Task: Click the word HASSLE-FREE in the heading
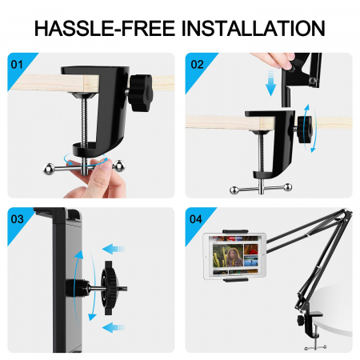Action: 105,28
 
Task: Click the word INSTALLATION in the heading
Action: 253,28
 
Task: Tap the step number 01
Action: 17,65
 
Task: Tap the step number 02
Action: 198,65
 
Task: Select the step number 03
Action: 18,219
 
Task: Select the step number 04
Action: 196,219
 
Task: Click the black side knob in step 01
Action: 141,93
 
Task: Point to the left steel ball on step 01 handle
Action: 50,169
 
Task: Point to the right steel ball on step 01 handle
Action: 118,166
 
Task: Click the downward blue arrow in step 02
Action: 271,83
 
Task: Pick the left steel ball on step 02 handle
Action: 234,190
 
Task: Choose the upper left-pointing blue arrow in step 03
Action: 114,250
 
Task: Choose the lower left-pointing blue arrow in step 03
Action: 114,327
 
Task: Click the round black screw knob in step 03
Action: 110,288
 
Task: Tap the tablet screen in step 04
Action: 235,256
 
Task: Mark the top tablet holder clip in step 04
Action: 235,231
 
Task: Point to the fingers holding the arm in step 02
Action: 274,60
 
